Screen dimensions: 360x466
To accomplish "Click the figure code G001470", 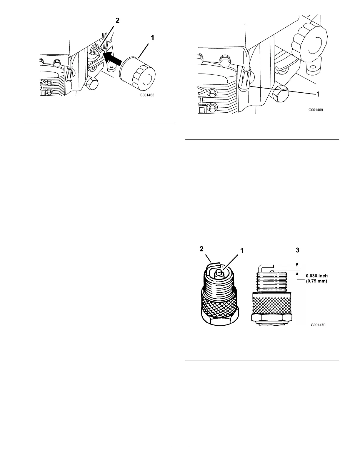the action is coord(318,325).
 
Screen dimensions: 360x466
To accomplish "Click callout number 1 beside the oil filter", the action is coord(152,38).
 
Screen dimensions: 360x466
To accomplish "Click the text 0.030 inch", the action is coord(316,276).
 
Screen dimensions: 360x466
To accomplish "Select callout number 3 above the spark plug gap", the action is coord(298,250).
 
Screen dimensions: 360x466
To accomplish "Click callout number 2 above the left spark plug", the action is coord(201,249).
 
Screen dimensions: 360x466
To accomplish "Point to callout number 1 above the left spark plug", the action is coord(242,251).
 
